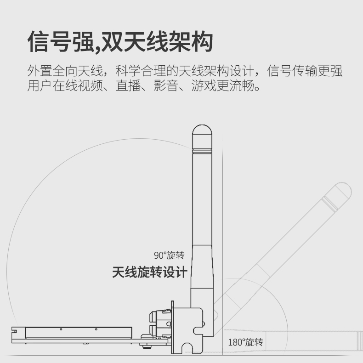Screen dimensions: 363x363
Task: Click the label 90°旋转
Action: click(x=169, y=255)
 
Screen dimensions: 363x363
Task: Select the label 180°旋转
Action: click(x=246, y=342)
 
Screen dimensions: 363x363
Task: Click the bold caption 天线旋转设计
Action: click(x=149, y=272)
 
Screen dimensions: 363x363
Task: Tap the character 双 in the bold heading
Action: click(x=112, y=42)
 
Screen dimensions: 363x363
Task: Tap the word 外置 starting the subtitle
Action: click(x=40, y=71)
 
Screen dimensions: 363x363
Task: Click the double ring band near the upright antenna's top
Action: click(x=202, y=151)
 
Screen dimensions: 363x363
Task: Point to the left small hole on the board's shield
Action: click(x=61, y=329)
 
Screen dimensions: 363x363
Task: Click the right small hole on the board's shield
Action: click(x=96, y=329)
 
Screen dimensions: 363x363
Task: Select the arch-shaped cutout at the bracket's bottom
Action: click(x=187, y=348)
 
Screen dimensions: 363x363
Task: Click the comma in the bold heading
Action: click(x=98, y=49)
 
